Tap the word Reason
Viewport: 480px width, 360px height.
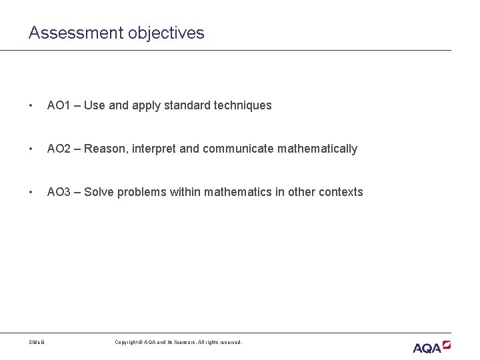[x=104, y=149]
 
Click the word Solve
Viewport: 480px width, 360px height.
[x=98, y=192]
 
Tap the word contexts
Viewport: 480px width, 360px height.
[x=341, y=192]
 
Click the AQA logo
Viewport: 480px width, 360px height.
[x=431, y=347]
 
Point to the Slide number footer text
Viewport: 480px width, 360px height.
[x=37, y=342]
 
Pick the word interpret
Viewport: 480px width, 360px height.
[x=156, y=149]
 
